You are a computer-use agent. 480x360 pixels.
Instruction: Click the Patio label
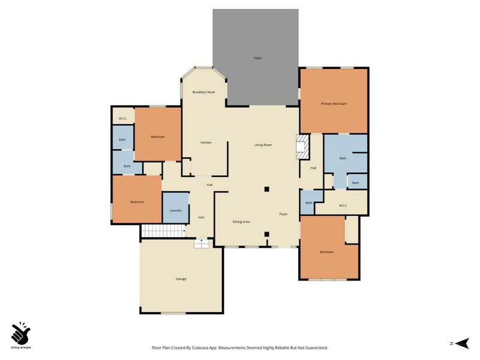(257, 58)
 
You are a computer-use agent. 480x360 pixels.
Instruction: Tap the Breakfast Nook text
(203, 92)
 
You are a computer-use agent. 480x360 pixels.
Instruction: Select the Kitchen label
(206, 142)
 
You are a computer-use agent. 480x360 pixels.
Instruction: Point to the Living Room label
(263, 145)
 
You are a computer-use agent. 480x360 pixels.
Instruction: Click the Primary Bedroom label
(334, 104)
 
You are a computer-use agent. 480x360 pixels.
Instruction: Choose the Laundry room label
(176, 211)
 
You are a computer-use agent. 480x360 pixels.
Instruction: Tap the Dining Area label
(241, 222)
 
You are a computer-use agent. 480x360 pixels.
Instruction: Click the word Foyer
(284, 214)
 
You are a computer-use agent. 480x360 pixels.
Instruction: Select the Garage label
(181, 279)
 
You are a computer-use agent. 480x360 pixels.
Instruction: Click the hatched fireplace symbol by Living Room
(302, 146)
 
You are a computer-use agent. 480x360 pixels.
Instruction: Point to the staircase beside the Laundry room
(163, 231)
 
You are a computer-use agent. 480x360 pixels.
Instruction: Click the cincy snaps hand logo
(21, 332)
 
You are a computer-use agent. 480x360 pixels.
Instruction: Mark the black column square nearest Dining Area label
(267, 234)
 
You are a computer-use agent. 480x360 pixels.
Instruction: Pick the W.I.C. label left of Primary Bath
(343, 206)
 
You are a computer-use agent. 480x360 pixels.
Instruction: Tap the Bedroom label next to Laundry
(137, 202)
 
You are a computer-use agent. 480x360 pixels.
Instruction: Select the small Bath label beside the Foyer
(308, 203)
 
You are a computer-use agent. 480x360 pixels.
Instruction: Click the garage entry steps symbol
(201, 244)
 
